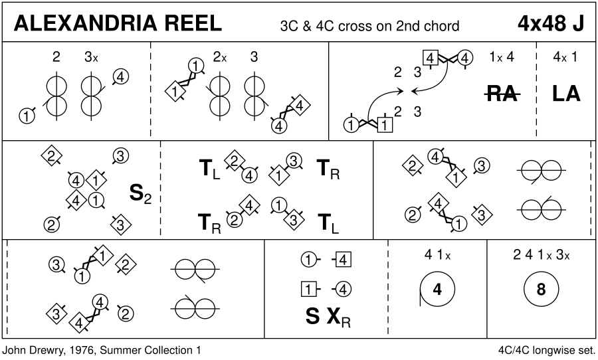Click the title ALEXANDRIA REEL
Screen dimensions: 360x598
[118, 24]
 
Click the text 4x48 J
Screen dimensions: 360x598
[551, 24]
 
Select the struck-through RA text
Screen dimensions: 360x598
[502, 94]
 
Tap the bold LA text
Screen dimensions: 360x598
[566, 94]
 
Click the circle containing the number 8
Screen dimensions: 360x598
[541, 290]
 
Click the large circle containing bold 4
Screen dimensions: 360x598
[437, 290]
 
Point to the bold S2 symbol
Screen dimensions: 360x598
[140, 195]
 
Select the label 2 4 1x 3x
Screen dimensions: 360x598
[541, 255]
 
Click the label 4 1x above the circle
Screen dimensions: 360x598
[437, 255]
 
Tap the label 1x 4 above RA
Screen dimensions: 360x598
[502, 57]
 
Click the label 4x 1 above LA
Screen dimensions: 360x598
[565, 57]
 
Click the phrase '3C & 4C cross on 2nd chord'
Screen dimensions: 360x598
[369, 27]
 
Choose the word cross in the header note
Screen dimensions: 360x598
[356, 27]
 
